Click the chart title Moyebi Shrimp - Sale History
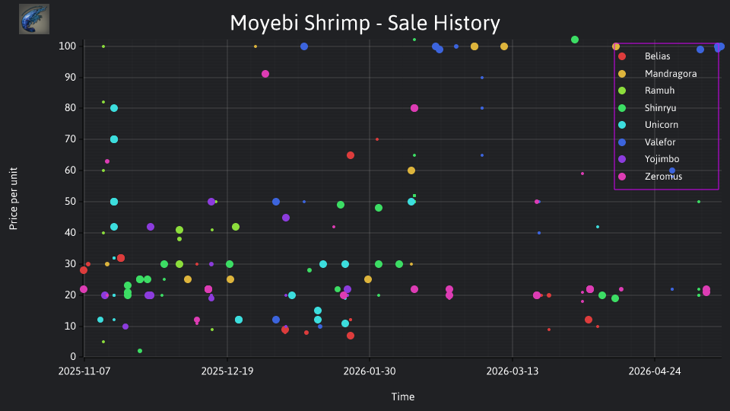pyautogui.click(x=365, y=23)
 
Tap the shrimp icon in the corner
pyautogui.click(x=34, y=19)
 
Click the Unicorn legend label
pyautogui.click(x=661, y=125)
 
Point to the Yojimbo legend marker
pyautogui.click(x=622, y=159)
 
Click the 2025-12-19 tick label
pyautogui.click(x=227, y=371)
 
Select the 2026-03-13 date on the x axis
pyautogui.click(x=512, y=371)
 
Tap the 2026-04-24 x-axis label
pyautogui.click(x=655, y=371)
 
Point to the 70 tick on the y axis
pyautogui.click(x=70, y=139)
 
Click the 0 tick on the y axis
pyautogui.click(x=73, y=357)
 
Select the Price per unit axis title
pyautogui.click(x=14, y=199)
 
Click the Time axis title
pyautogui.click(x=403, y=397)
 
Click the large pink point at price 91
pyautogui.click(x=265, y=74)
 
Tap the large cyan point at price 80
pyautogui.click(x=114, y=108)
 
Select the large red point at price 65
pyautogui.click(x=351, y=155)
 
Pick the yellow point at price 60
pyautogui.click(x=411, y=170)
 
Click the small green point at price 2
pyautogui.click(x=140, y=351)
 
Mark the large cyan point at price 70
pyautogui.click(x=114, y=139)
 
